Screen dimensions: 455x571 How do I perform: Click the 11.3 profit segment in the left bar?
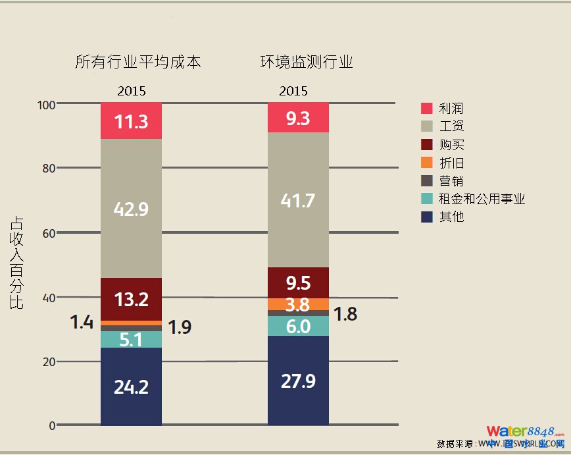131,121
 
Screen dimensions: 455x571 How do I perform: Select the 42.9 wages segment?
131,209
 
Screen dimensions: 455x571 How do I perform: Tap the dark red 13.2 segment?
131,299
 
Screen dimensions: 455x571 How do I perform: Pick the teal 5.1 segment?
131,339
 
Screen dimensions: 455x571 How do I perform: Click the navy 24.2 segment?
131,387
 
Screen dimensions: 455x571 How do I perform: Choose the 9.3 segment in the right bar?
298,118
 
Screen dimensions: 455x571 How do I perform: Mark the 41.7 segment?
298,200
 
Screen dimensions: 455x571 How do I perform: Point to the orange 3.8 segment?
298,304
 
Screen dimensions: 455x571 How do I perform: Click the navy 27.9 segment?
298,381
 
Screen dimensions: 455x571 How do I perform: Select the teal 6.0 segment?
298,326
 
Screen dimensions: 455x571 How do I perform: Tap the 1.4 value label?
82,322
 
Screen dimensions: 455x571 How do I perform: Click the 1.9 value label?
179,327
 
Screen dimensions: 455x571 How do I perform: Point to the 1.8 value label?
345,314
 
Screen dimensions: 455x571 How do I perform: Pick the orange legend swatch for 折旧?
427,163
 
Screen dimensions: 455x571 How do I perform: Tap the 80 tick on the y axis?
48,169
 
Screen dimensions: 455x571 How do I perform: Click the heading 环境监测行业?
307,63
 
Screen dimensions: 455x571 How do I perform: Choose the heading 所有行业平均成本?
137,63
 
